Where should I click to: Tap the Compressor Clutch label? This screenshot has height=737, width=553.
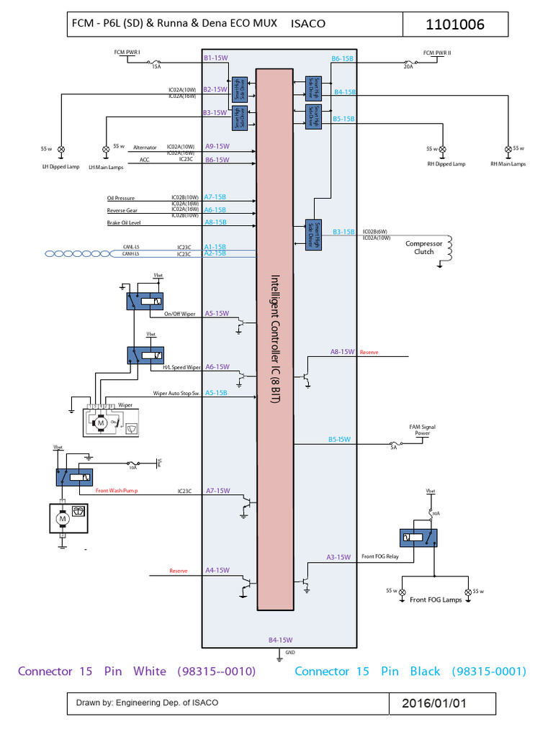point(424,248)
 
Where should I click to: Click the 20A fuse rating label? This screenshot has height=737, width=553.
point(409,65)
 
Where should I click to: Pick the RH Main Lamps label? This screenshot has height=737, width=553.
point(508,164)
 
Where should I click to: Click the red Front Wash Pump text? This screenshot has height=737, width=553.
point(116,491)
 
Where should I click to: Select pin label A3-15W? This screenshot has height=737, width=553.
point(338,557)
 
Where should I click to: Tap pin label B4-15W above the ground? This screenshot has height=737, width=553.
point(280,640)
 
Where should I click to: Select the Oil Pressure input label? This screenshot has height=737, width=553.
point(121,198)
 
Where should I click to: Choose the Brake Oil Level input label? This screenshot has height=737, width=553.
point(125,223)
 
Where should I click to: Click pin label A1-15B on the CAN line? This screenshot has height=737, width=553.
point(215,246)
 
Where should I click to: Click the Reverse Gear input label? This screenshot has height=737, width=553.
point(122,211)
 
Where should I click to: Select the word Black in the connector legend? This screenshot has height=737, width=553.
point(425,672)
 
